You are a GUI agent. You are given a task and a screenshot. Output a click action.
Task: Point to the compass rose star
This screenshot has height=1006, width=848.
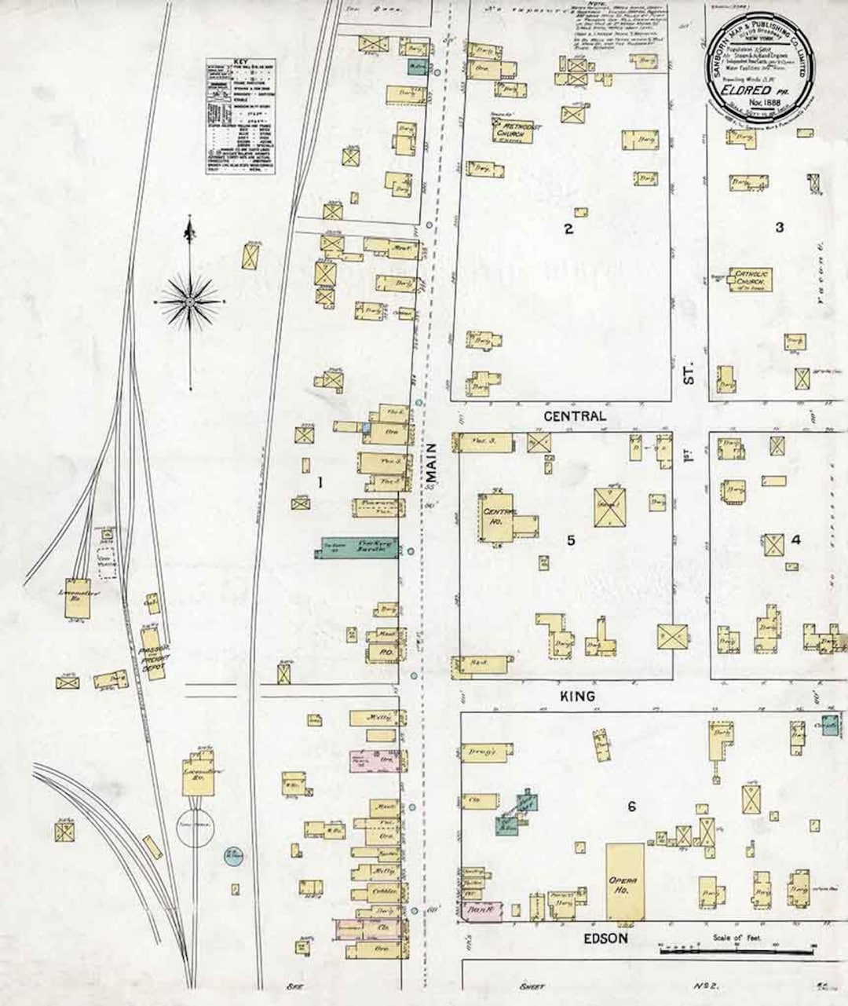(x=190, y=301)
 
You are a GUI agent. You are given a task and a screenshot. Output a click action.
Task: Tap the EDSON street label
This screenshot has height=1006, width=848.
(x=605, y=938)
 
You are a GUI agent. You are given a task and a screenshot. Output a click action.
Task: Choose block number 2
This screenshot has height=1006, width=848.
(x=568, y=229)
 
